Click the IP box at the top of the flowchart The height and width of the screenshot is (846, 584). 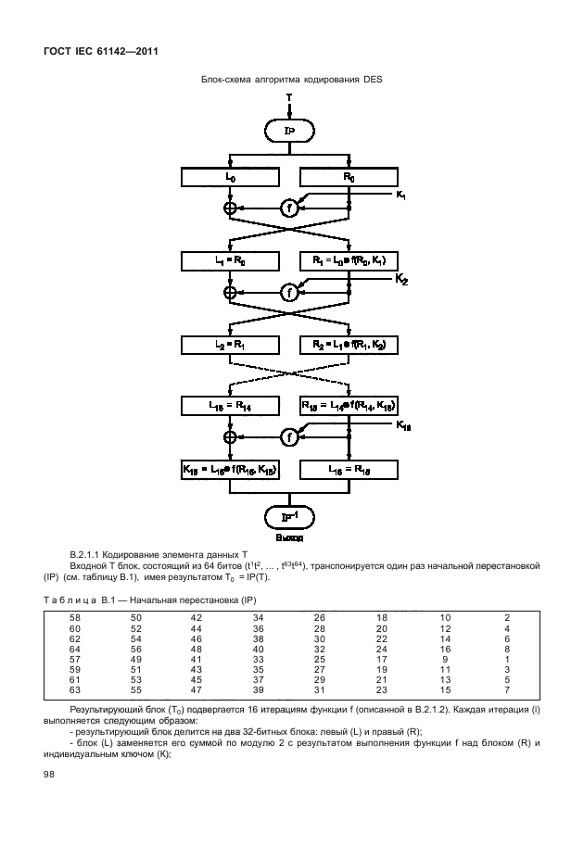pyautogui.click(x=290, y=132)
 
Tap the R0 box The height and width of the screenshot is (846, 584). pyautogui.click(x=348, y=177)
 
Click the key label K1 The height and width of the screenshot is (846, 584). pyautogui.click(x=400, y=196)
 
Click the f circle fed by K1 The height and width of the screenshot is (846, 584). pyautogui.click(x=290, y=208)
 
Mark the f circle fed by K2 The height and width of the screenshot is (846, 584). pyautogui.click(x=290, y=292)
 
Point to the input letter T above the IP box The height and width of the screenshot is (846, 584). pyautogui.click(x=289, y=96)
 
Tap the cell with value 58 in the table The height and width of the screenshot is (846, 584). pyautogui.click(x=74, y=617)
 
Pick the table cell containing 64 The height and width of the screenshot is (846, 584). pyautogui.click(x=74, y=650)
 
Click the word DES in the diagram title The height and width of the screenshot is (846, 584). pyautogui.click(x=373, y=80)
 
